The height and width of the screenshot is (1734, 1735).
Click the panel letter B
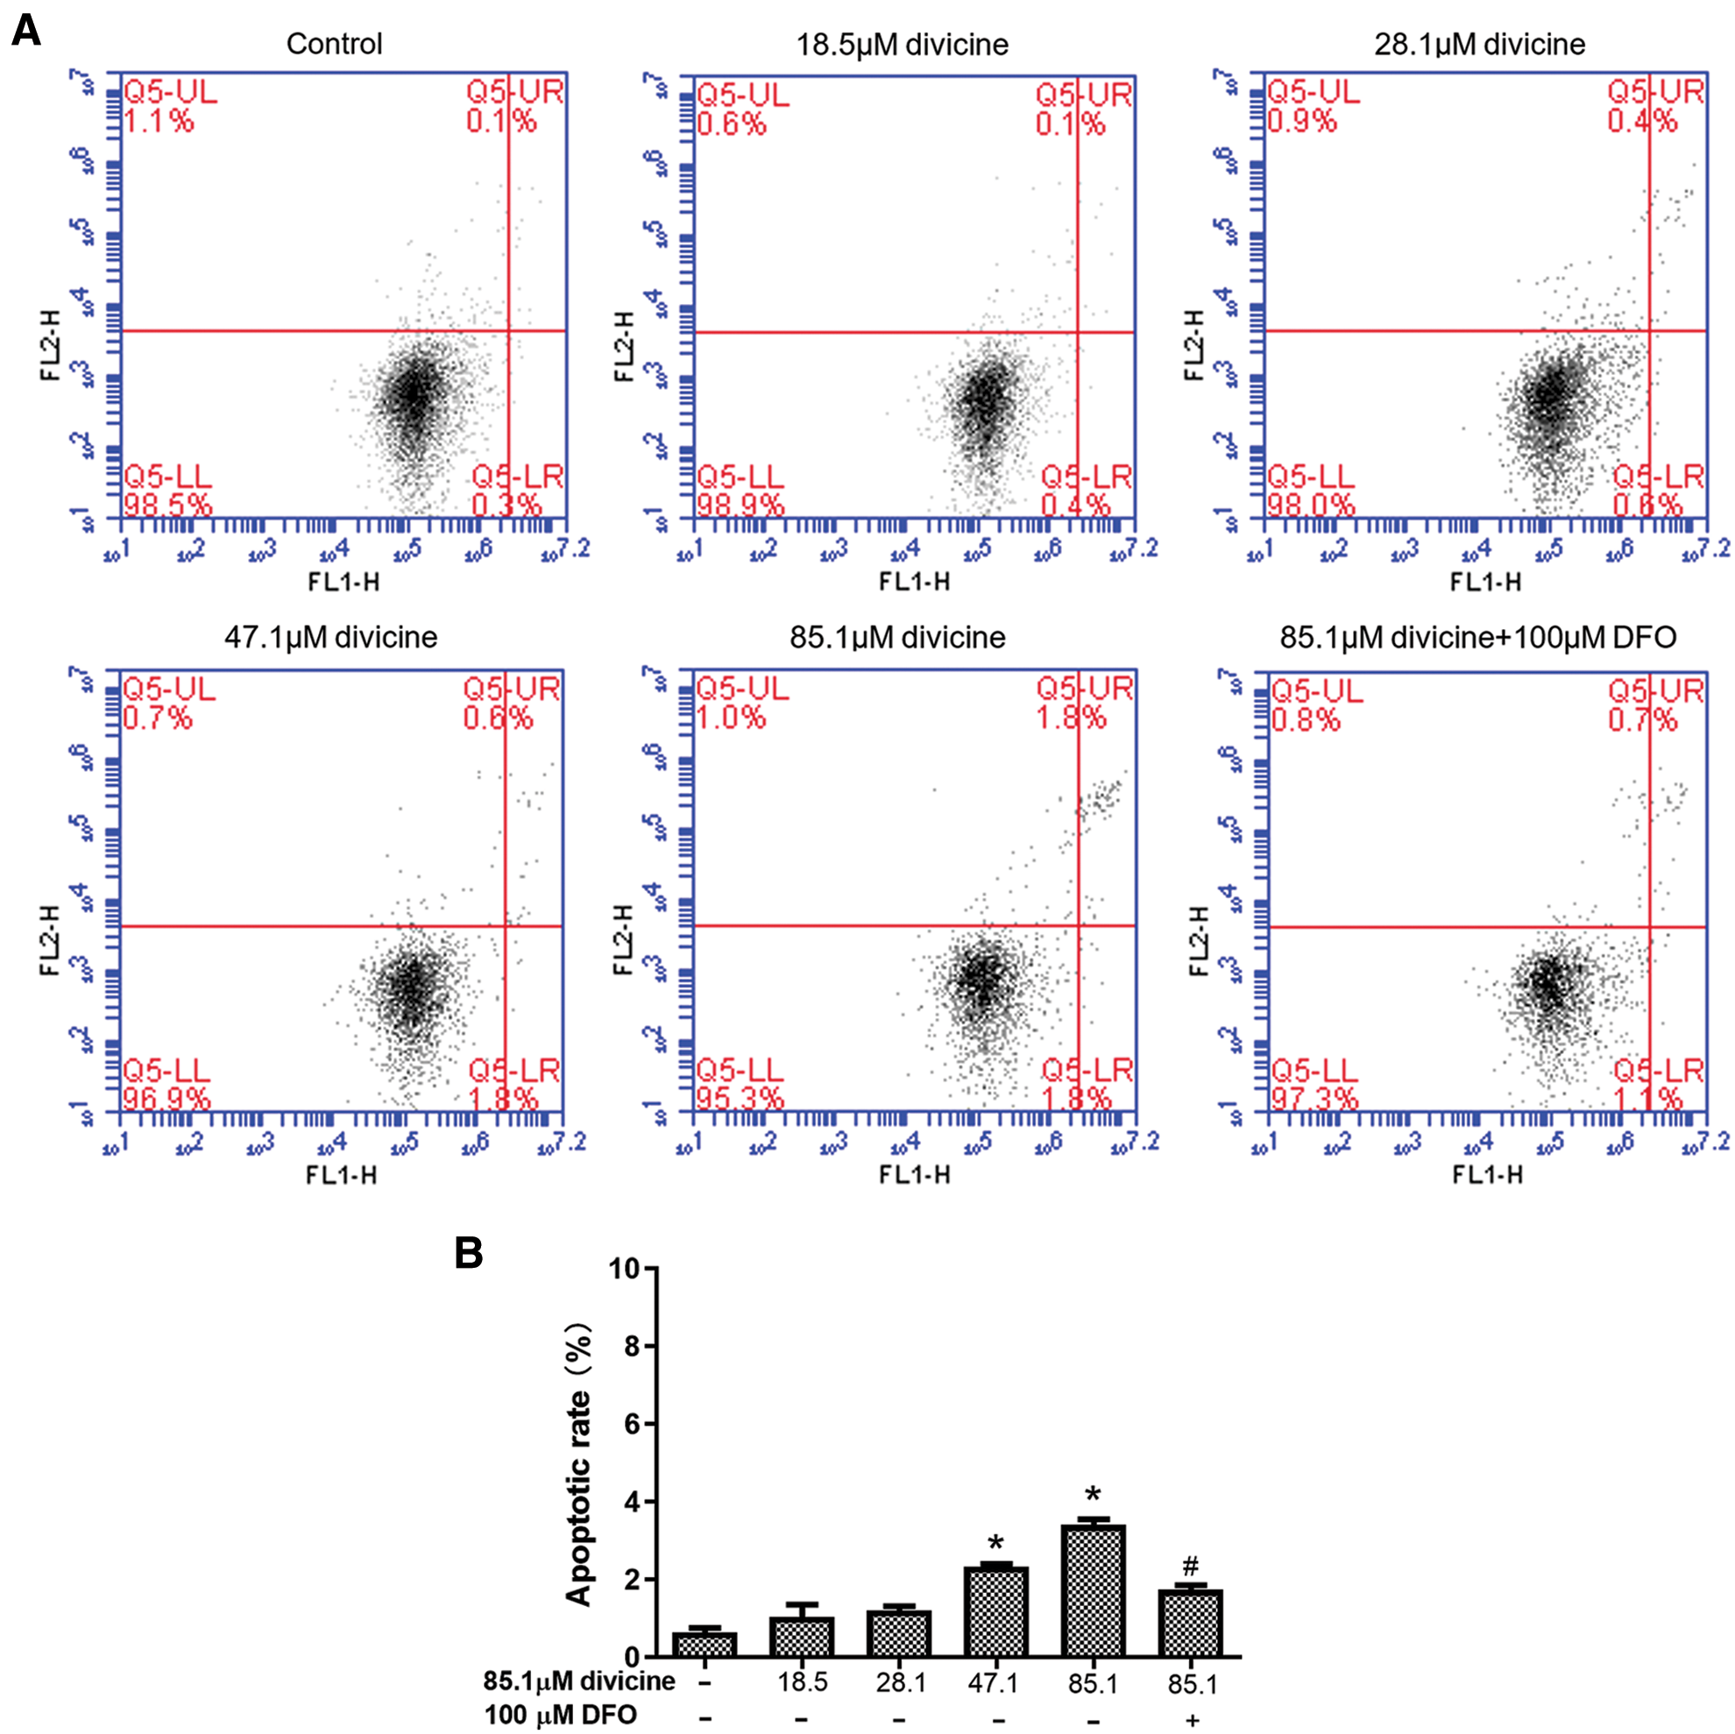[x=469, y=1253]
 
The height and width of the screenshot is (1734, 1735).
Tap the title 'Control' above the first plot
[x=334, y=44]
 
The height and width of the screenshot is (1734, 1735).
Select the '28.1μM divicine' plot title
[x=1479, y=44]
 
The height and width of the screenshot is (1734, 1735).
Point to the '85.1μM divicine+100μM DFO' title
[x=1477, y=638]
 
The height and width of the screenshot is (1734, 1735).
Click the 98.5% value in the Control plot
[x=167, y=505]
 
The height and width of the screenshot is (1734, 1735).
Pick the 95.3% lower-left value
[x=740, y=1098]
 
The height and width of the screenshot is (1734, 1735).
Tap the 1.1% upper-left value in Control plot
[x=158, y=121]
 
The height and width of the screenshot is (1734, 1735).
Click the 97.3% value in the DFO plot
[x=1314, y=1098]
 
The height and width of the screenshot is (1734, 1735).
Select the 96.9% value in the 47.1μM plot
[x=166, y=1098]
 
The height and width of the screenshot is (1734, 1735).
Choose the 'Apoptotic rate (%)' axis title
[x=580, y=1464]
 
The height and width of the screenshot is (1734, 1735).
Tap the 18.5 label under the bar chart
[x=801, y=1682]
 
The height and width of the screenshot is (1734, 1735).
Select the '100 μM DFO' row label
[x=561, y=1715]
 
